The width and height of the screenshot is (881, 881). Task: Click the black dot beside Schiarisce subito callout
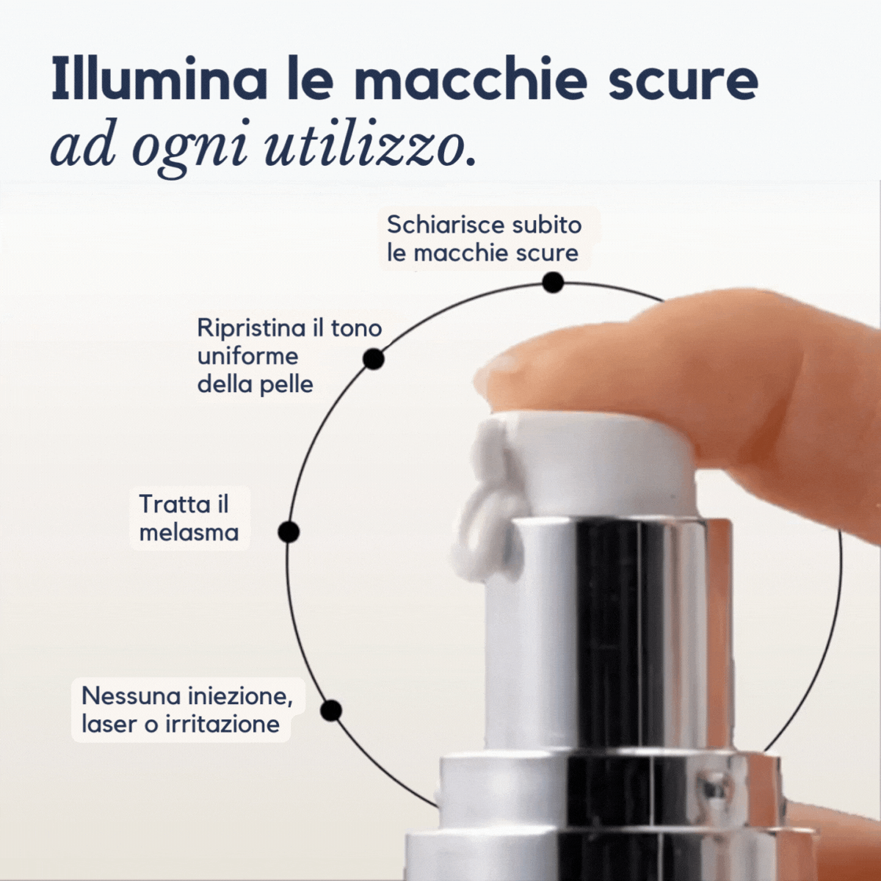coord(553,283)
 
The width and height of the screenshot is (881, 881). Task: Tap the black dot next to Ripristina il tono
coord(374,359)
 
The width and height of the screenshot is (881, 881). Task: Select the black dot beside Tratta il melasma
coord(289,532)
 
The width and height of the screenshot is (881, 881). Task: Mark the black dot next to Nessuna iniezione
coord(332,711)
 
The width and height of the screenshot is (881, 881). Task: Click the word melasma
coord(189,532)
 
